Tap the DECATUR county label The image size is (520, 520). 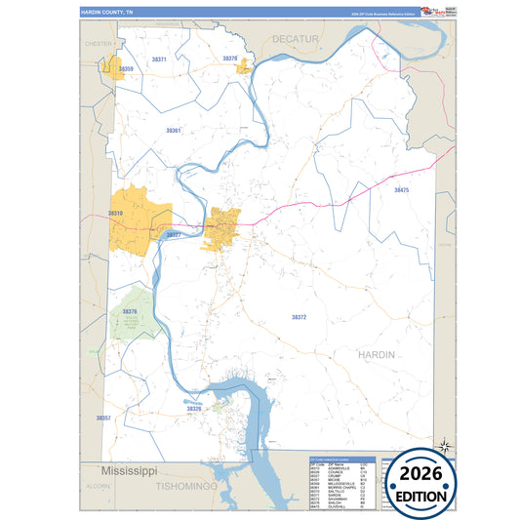(296, 38)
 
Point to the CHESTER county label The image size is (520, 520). (99, 44)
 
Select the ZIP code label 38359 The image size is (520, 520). (126, 69)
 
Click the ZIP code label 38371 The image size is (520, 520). (159, 60)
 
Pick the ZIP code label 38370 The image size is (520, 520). (230, 59)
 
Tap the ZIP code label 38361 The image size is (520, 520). (174, 130)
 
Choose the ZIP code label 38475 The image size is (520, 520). (402, 190)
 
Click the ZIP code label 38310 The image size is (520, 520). (115, 213)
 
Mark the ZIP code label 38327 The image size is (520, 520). (173, 235)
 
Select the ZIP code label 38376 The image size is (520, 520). (130, 312)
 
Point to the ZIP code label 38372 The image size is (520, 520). (299, 317)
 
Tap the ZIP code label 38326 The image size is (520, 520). (193, 409)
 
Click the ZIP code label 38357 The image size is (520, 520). (103, 418)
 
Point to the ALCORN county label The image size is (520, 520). (98, 485)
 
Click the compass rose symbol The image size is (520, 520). (444, 445)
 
